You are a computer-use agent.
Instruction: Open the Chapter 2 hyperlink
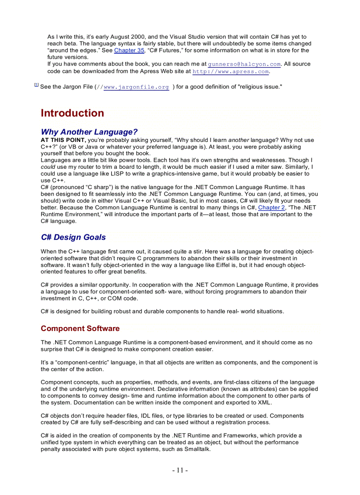(x=271, y=208)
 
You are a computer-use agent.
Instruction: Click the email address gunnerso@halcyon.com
(x=244, y=64)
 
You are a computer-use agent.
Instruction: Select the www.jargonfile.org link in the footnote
(x=136, y=87)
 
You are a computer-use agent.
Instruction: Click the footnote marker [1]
(x=36, y=85)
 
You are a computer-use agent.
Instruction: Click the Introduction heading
(x=72, y=113)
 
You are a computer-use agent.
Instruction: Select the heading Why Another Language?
(x=89, y=132)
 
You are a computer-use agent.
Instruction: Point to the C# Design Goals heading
(x=73, y=237)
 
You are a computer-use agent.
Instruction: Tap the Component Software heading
(x=80, y=328)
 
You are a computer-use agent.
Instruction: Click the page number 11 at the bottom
(x=180, y=470)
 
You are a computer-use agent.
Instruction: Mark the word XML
(x=264, y=402)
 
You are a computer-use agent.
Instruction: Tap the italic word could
(x=48, y=167)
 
